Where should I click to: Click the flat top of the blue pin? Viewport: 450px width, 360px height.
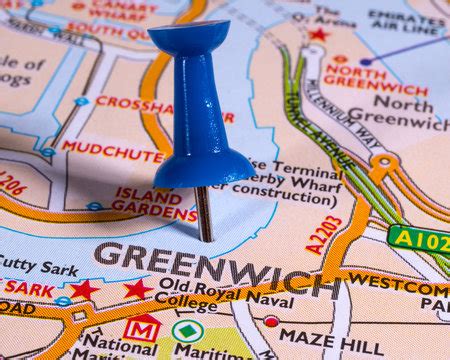pyautogui.click(x=189, y=35)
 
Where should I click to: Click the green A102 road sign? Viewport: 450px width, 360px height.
pyautogui.click(x=418, y=239)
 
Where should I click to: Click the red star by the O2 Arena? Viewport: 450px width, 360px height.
pyautogui.click(x=319, y=35)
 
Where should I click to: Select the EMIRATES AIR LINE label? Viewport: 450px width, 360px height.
pyautogui.click(x=406, y=23)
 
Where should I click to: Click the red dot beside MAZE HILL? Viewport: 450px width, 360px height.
pyautogui.click(x=271, y=322)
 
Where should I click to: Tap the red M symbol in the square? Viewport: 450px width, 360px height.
pyautogui.click(x=141, y=328)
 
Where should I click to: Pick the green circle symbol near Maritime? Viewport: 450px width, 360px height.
pyautogui.click(x=187, y=330)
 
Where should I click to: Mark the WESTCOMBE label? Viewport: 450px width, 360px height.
pyautogui.click(x=399, y=283)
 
